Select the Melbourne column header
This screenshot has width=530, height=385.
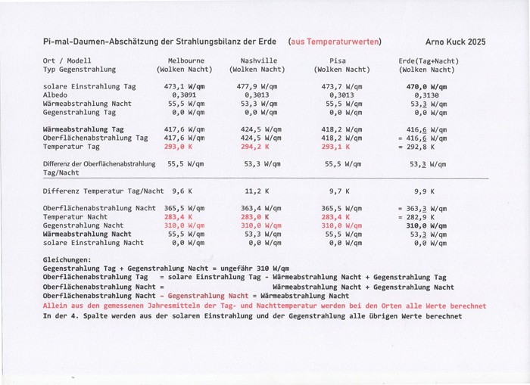(x=185, y=61)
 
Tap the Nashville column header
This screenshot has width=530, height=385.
(x=259, y=61)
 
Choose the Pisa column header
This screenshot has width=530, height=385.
(x=338, y=61)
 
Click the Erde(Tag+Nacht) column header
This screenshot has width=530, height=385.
(x=427, y=61)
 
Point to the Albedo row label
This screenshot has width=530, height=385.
(x=56, y=95)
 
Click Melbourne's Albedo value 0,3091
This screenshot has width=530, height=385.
(x=183, y=95)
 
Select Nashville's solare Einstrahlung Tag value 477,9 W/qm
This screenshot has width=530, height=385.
(x=259, y=86)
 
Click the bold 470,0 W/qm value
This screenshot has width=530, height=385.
(x=427, y=86)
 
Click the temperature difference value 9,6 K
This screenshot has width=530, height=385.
(x=182, y=191)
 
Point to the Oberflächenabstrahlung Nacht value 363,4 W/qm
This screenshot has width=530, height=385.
(x=259, y=207)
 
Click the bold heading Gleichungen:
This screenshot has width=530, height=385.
(x=67, y=259)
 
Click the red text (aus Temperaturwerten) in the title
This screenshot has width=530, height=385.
(x=335, y=42)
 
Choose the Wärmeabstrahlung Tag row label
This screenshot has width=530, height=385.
(x=83, y=129)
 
